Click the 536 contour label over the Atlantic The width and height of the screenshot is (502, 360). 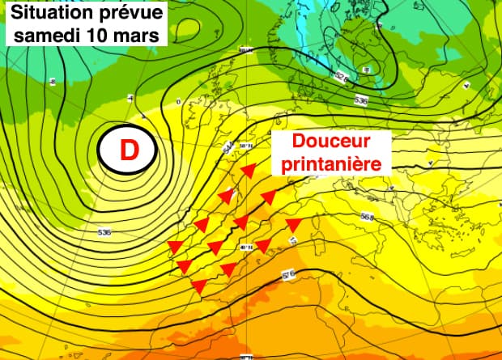tap(104, 233)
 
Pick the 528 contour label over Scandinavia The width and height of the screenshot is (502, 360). tap(342, 78)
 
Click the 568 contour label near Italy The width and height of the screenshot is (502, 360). tap(367, 217)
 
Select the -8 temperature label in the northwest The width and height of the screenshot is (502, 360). tap(53, 82)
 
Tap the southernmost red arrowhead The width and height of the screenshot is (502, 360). tap(199, 285)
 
